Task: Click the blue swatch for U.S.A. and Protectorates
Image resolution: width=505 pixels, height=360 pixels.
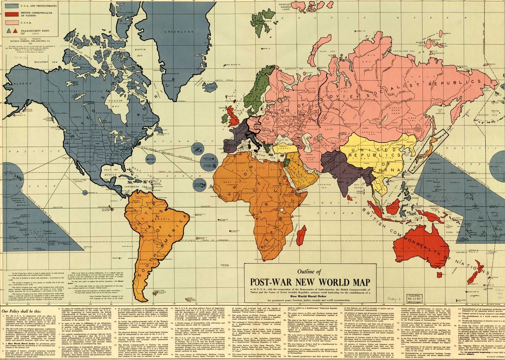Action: pyautogui.click(x=12, y=6)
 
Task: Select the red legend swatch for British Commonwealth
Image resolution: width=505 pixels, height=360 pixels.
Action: pyautogui.click(x=12, y=13)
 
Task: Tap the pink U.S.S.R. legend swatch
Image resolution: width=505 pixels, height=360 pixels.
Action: pyautogui.click(x=12, y=21)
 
